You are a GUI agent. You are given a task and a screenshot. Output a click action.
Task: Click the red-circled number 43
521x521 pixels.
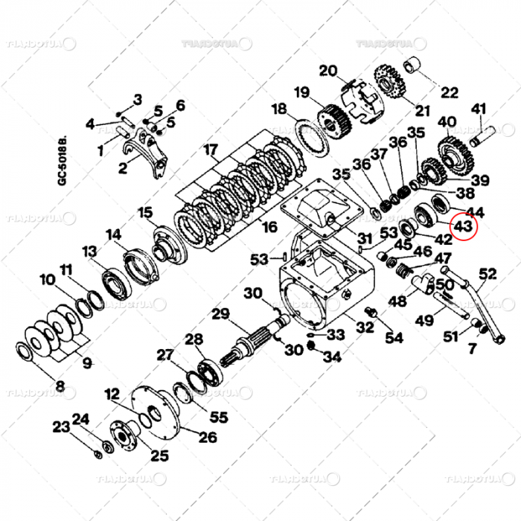[462, 225]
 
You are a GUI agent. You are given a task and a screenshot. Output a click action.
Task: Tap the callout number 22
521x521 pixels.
[450, 93]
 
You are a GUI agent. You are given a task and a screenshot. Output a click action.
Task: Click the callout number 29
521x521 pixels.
[220, 314]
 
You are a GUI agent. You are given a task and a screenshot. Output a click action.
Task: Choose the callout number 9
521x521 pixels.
[87, 364]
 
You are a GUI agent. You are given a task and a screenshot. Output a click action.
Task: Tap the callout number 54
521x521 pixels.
[394, 337]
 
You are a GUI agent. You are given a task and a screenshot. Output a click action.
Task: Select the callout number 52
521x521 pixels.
[488, 274]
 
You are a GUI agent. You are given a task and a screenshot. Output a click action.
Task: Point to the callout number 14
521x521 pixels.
[113, 235]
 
